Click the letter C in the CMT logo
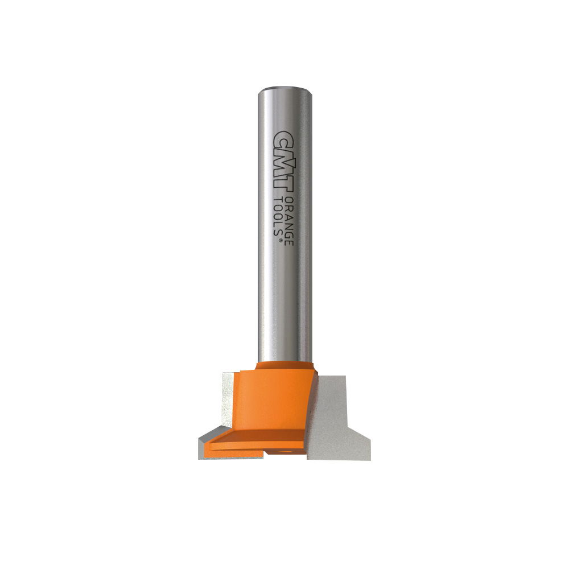pyautogui.click(x=283, y=138)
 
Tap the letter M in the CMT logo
pyautogui.click(x=283, y=156)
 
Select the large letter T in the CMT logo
pyautogui.click(x=283, y=179)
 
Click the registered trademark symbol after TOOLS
pyautogui.click(x=281, y=242)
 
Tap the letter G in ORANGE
pyautogui.click(x=290, y=230)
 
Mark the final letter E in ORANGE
pyautogui.click(x=290, y=241)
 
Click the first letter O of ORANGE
pyautogui.click(x=290, y=200)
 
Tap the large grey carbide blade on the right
pyautogui.click(x=336, y=415)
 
